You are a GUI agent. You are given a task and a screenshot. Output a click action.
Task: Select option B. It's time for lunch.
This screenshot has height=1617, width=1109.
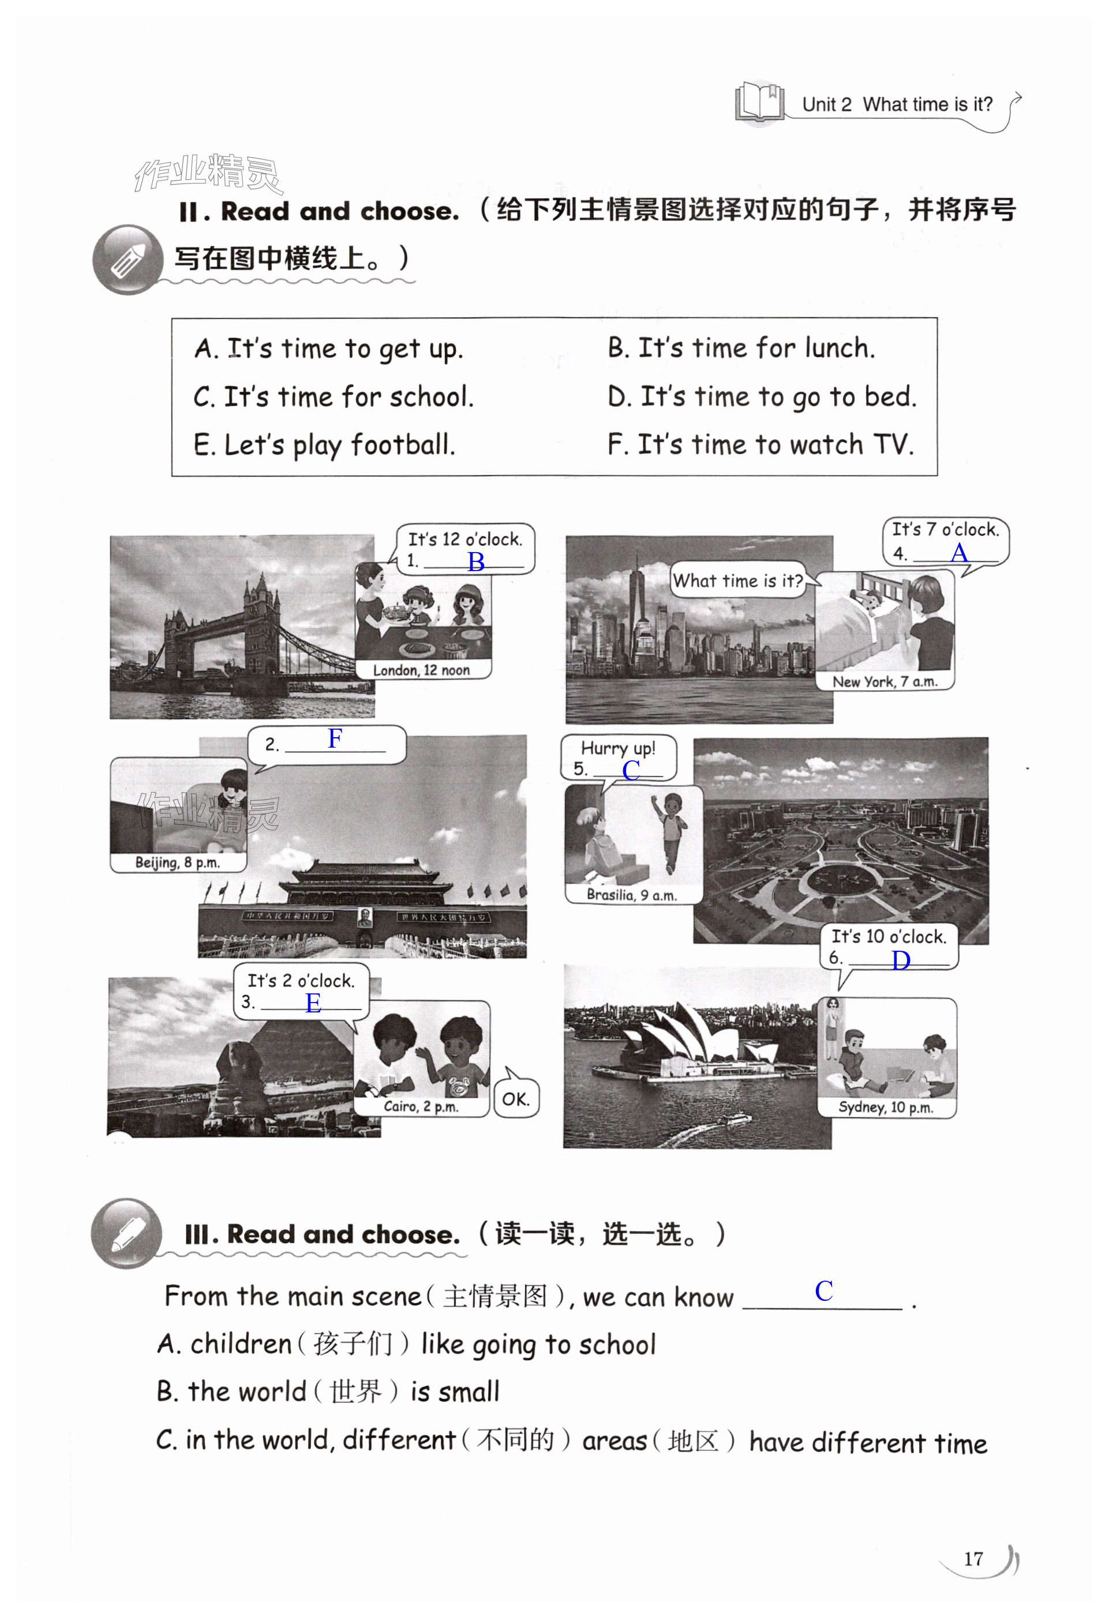(741, 347)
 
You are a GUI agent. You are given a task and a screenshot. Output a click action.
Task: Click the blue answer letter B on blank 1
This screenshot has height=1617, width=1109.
(476, 561)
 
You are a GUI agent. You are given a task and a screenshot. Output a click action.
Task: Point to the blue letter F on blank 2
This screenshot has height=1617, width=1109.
(335, 738)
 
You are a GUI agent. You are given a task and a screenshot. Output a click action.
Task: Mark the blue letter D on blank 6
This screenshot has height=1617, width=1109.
(901, 961)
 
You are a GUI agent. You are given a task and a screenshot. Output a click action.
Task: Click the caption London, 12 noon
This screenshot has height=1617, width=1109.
(422, 670)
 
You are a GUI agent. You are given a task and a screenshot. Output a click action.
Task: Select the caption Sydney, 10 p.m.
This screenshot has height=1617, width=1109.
(886, 1107)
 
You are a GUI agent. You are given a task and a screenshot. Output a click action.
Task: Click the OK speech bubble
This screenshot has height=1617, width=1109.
(516, 1098)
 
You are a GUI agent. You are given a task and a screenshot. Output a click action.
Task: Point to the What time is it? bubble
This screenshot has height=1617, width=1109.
(738, 580)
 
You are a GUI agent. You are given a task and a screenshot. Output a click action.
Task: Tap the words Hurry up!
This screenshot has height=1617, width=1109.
(618, 749)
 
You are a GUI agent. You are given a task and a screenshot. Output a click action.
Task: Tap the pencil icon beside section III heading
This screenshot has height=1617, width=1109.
(126, 1233)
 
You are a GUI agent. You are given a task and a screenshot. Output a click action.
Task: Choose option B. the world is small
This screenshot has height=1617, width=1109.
(328, 1391)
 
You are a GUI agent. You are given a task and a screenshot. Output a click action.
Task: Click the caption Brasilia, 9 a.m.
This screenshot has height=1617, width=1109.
(631, 895)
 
